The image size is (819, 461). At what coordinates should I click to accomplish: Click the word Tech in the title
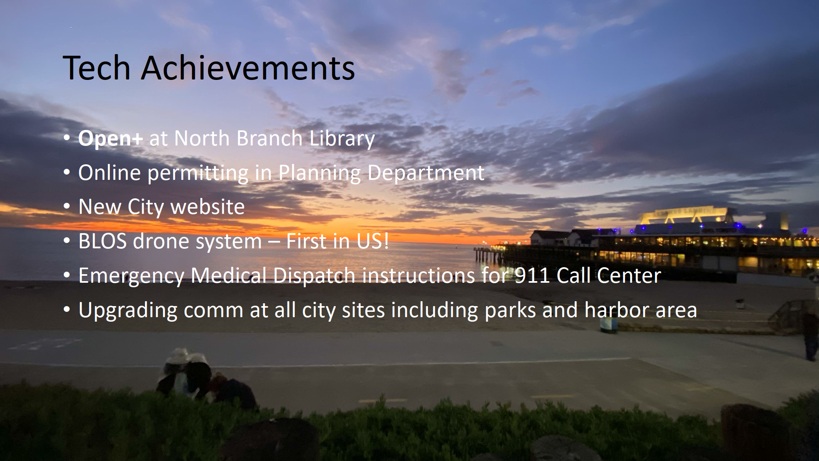(97, 68)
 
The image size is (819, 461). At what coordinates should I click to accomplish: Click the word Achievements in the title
(248, 68)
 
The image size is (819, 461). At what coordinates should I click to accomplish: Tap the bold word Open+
(111, 139)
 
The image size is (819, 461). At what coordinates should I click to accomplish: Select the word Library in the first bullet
(342, 139)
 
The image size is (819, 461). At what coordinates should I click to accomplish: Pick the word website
(208, 207)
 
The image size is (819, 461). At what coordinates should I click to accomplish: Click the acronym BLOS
(102, 241)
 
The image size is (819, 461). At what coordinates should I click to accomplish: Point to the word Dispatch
(314, 276)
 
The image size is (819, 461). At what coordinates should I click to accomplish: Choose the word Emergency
(131, 276)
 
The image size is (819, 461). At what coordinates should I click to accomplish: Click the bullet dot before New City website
(67, 207)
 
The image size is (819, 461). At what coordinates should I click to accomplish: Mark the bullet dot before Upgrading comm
(67, 311)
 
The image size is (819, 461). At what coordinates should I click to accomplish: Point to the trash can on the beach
(609, 325)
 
